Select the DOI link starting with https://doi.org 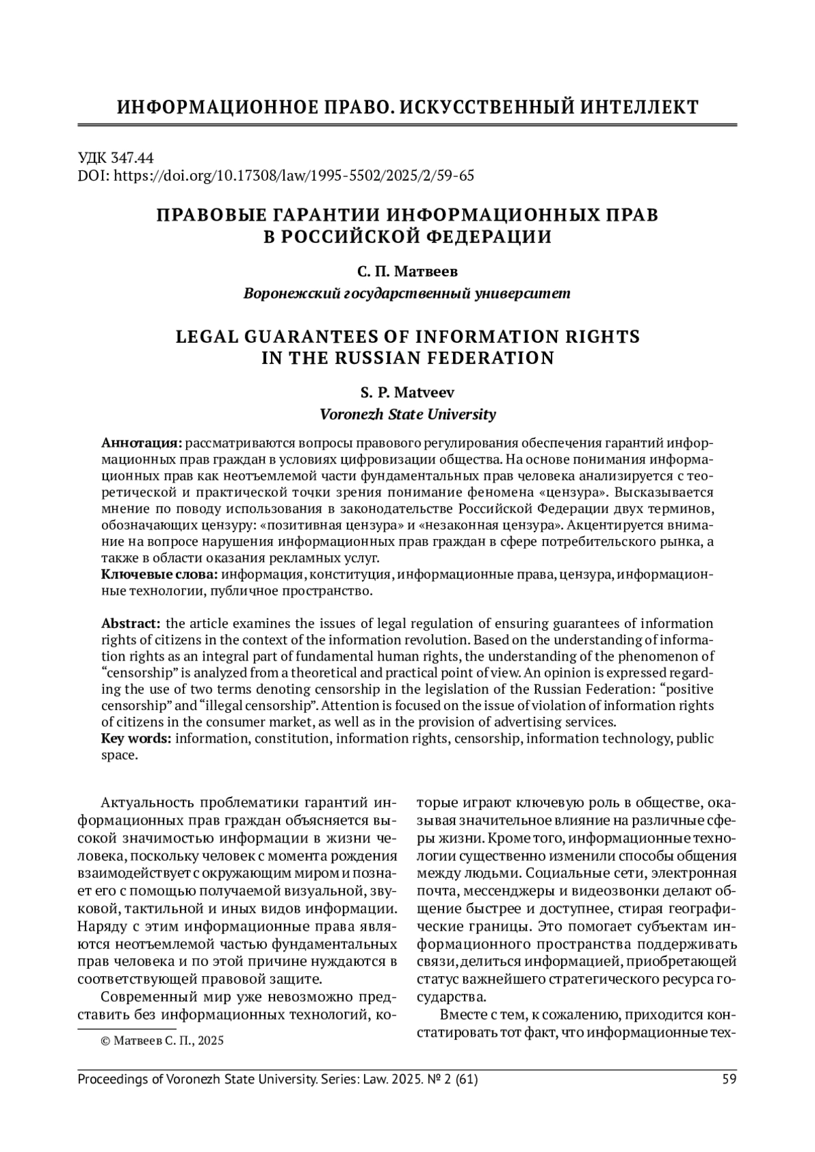(293, 176)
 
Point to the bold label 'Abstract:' (131, 623)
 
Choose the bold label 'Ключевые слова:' (160, 574)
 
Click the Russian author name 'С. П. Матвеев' (407, 272)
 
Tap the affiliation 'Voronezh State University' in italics (407, 414)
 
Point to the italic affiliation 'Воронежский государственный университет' (407, 294)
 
